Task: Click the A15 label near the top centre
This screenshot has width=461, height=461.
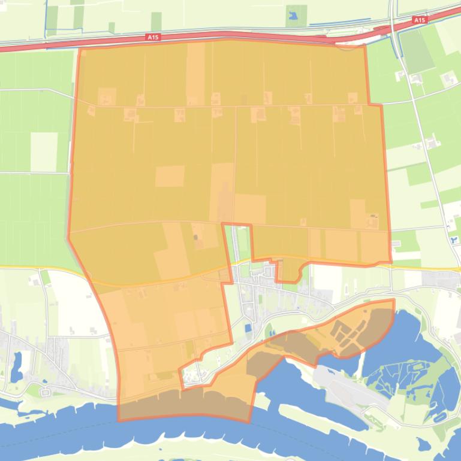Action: tap(154, 37)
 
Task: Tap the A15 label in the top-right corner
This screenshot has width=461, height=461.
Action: tap(419, 20)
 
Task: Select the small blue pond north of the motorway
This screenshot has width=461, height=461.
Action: tap(294, 16)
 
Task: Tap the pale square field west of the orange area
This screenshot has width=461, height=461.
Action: tap(43, 151)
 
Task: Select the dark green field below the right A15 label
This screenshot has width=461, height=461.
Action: tap(416, 50)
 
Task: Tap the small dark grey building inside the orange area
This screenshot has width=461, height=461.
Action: tap(195, 238)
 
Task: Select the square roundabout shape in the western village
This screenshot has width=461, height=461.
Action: tap(47, 393)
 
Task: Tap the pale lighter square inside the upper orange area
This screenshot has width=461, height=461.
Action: tap(170, 176)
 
